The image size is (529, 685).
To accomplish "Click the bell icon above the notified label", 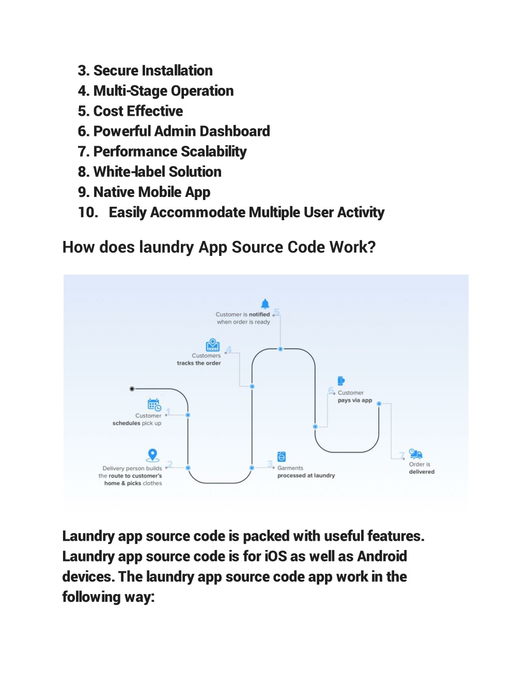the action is [265, 303].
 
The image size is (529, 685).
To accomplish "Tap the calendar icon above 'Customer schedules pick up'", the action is [154, 405].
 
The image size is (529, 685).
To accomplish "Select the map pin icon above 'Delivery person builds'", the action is [152, 455].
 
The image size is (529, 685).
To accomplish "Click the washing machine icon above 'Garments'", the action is [282, 456].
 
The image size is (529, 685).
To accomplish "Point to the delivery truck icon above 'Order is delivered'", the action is [416, 453].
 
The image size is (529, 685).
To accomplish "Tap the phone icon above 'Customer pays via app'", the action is [341, 381].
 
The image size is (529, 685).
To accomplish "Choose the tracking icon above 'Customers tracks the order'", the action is [212, 345].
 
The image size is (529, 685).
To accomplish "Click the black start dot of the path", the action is [132, 389].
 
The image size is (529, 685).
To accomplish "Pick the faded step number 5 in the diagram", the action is [276, 312].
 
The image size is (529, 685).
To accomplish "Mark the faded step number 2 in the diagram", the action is [170, 464].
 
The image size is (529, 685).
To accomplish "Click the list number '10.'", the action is [88, 212].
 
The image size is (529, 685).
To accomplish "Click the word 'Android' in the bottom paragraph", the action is [382, 556].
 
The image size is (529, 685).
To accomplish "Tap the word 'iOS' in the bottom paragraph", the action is [275, 556].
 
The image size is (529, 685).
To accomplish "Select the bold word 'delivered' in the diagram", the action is [422, 471].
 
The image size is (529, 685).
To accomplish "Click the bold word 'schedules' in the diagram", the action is [126, 423].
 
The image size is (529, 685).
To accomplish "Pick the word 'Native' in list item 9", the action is [113, 192].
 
